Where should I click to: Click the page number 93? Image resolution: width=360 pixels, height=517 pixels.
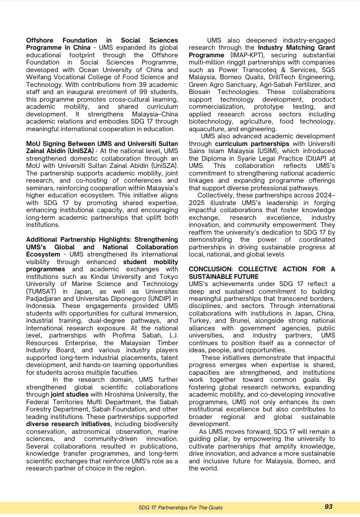pos(328,507)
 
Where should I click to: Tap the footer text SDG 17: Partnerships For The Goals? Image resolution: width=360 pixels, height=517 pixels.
pos(180,508)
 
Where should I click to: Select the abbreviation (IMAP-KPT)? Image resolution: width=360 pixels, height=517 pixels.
pos(248,55)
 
